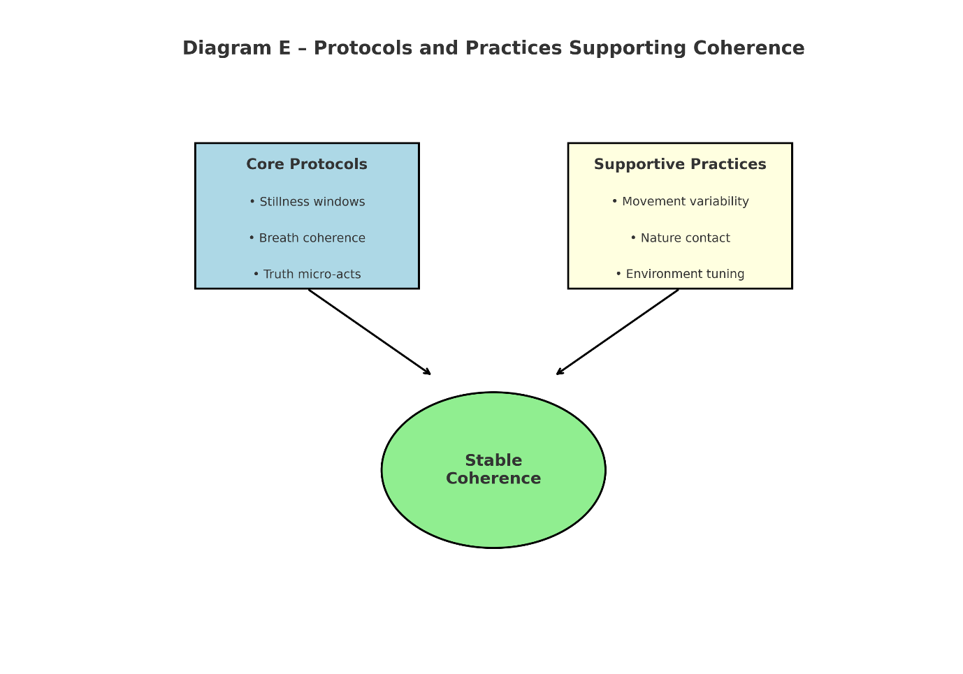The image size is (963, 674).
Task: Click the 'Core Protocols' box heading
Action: click(307, 164)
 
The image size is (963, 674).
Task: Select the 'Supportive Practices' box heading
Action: click(680, 164)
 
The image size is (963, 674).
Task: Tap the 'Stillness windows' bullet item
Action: click(307, 201)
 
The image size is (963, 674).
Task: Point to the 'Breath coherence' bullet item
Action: click(307, 238)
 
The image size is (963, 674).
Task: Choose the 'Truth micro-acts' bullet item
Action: click(307, 274)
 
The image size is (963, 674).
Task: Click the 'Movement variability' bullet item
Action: click(680, 201)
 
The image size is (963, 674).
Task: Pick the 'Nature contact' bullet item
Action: click(680, 238)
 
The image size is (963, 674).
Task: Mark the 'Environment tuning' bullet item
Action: click(680, 274)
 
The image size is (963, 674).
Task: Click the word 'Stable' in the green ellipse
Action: click(493, 460)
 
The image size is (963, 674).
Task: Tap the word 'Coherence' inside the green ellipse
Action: click(493, 478)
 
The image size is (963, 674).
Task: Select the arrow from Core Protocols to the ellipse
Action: click(369, 332)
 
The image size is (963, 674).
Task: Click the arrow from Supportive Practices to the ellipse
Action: click(617, 332)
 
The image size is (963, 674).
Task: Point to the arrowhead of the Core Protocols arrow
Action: click(428, 372)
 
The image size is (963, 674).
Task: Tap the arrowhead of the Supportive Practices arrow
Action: click(559, 372)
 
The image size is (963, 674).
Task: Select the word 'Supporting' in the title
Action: click(628, 48)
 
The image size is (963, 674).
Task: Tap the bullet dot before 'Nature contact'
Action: click(633, 237)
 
